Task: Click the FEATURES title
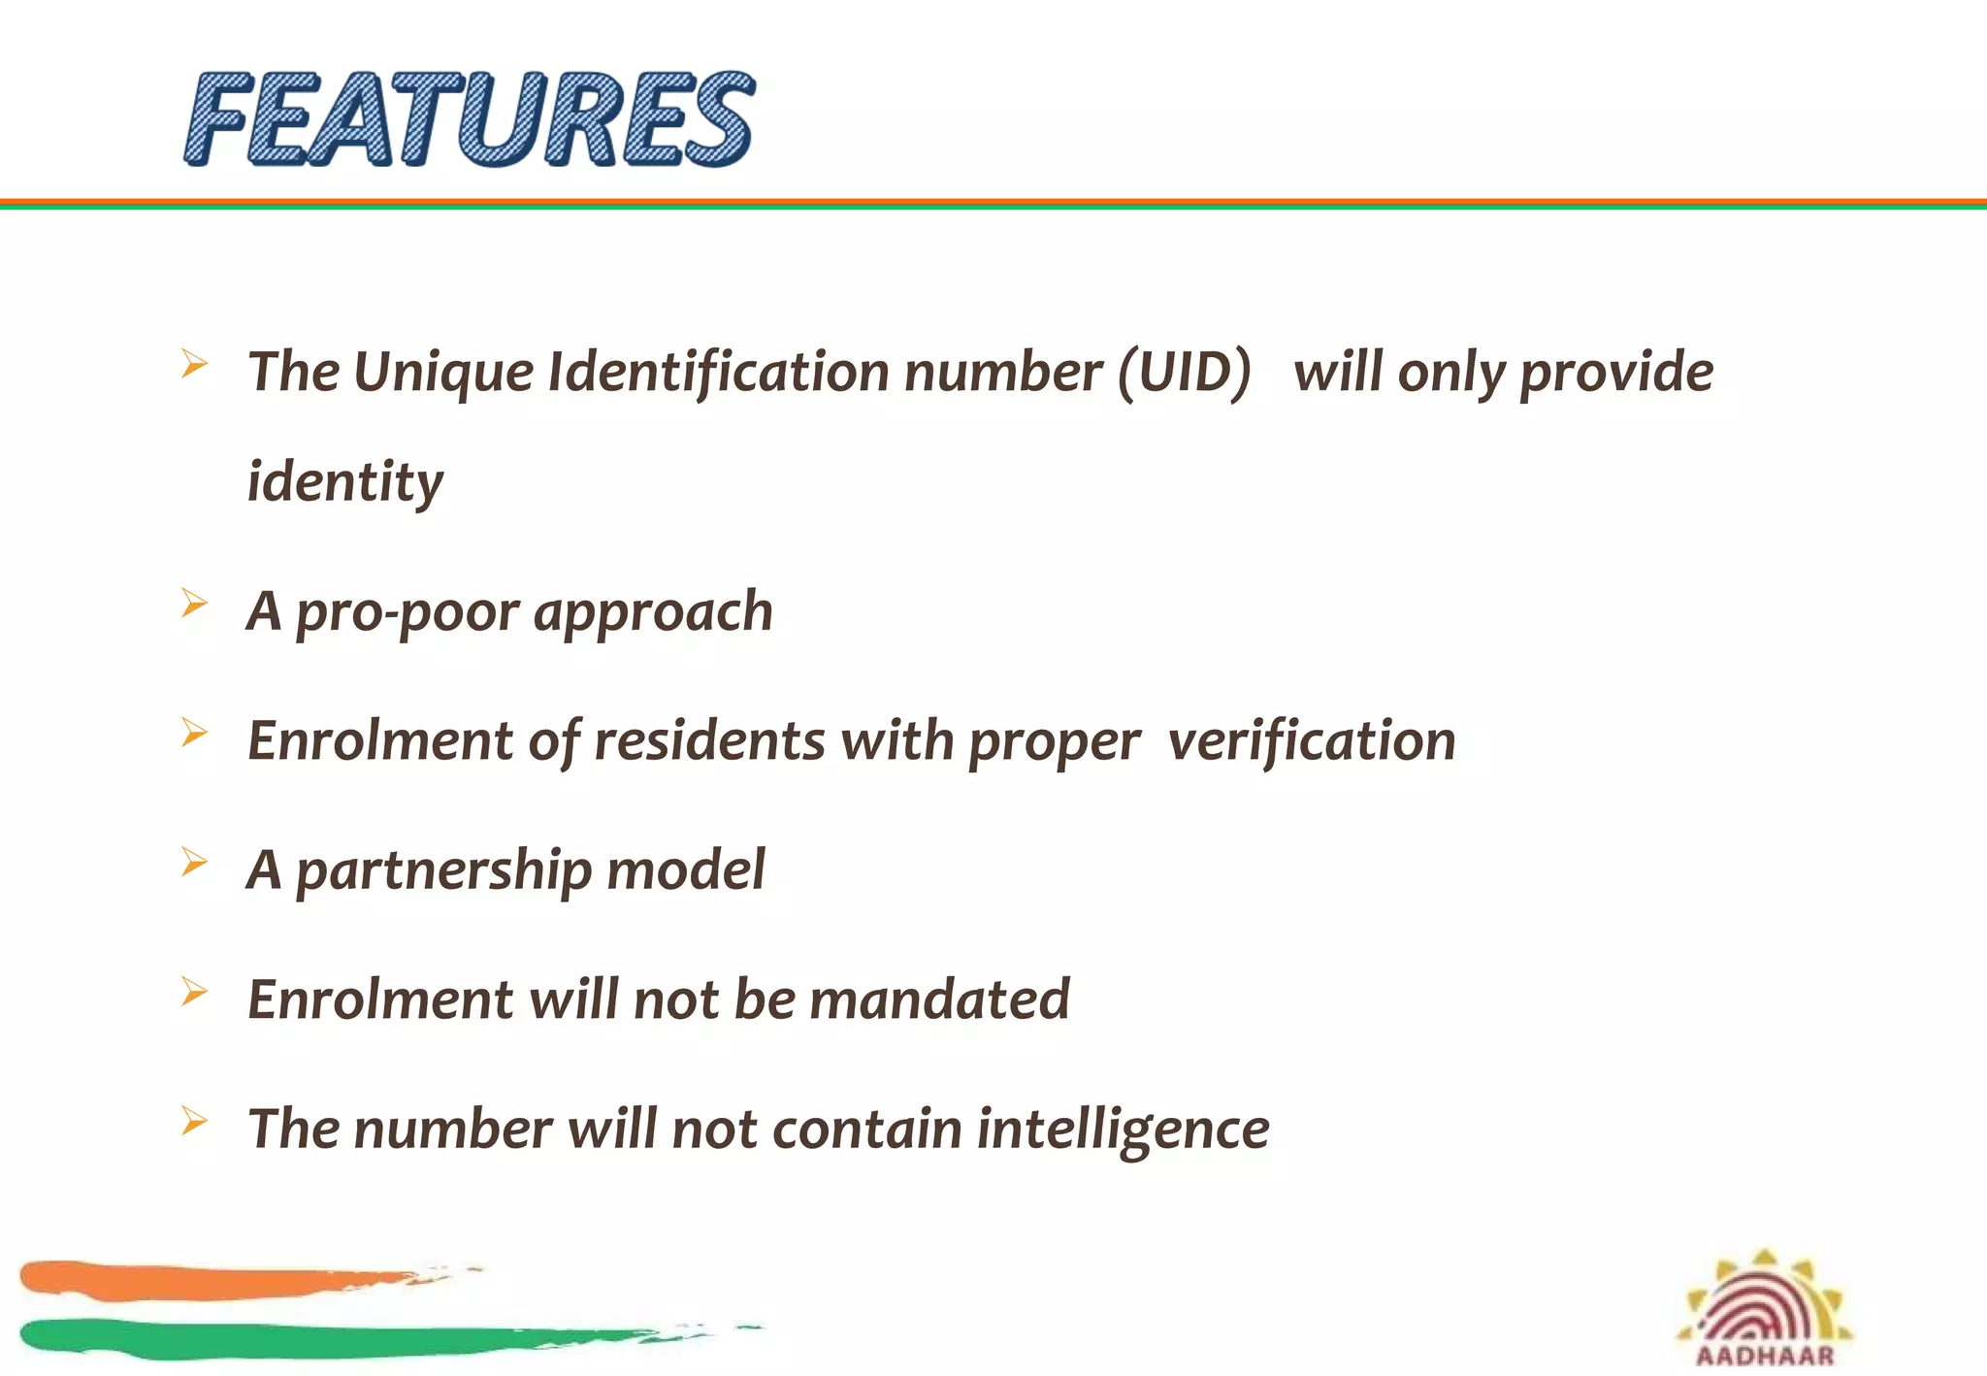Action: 470,118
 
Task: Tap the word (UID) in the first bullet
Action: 1185,373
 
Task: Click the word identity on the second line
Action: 345,482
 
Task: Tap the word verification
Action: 1312,741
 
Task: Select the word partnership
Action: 443,870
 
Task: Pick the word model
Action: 686,870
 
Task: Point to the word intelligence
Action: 1123,1130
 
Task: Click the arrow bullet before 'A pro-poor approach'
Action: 194,604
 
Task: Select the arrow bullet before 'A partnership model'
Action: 194,862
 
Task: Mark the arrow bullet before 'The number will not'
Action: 194,1121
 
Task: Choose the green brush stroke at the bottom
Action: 291,1338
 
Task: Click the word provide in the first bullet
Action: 1616,373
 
